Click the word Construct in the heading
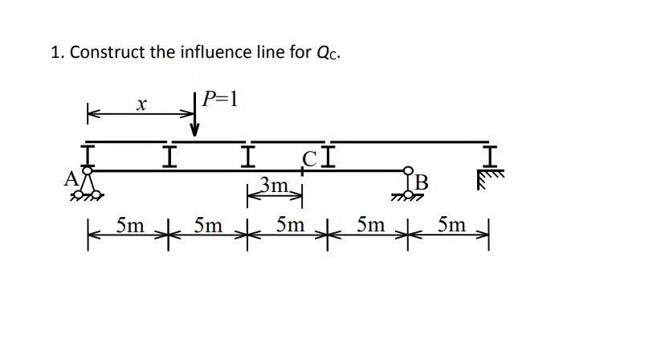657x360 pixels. pos(107,53)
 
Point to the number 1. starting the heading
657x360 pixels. pos(57,53)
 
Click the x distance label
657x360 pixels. pos(141,104)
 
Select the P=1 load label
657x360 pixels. pos(220,99)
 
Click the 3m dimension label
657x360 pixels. pos(275,187)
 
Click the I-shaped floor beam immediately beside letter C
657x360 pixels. pos(329,155)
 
